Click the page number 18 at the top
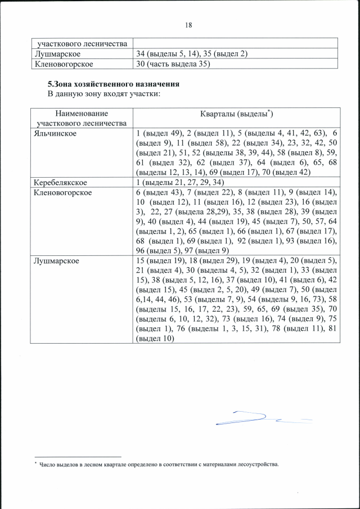click(x=188, y=25)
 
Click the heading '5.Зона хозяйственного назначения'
click(x=113, y=84)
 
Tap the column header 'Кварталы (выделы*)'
click(x=236, y=114)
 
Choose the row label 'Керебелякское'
click(x=60, y=183)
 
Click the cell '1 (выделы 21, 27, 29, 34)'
click(x=180, y=183)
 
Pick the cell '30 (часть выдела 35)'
click(x=173, y=64)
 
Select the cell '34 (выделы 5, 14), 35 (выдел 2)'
click(x=192, y=53)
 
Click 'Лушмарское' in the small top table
click(x=57, y=53)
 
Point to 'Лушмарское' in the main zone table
click(x=57, y=261)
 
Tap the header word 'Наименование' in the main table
click(x=82, y=113)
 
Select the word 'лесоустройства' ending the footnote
click(x=260, y=465)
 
